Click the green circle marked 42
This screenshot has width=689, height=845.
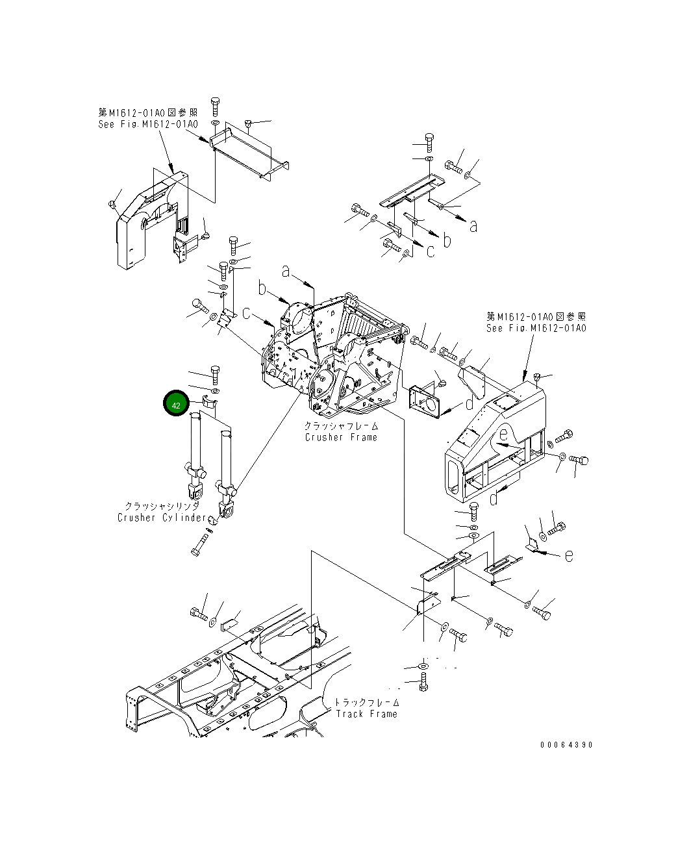tap(176, 404)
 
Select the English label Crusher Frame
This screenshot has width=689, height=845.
tap(341, 438)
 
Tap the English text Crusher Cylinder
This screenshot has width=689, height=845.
tap(162, 518)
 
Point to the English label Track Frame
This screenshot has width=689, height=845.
tap(366, 714)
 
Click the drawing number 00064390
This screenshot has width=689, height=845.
tap(566, 745)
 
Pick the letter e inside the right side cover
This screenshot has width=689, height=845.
tap(504, 436)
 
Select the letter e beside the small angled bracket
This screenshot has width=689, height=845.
tap(569, 556)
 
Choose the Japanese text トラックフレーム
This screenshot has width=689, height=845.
tap(367, 703)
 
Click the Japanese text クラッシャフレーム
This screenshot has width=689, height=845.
tap(341, 426)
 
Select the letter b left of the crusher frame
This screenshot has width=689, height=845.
tap(262, 288)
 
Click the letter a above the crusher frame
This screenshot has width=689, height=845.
tap(285, 270)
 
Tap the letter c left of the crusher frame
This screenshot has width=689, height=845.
tap(247, 313)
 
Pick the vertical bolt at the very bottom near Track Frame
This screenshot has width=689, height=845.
tap(423, 681)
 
